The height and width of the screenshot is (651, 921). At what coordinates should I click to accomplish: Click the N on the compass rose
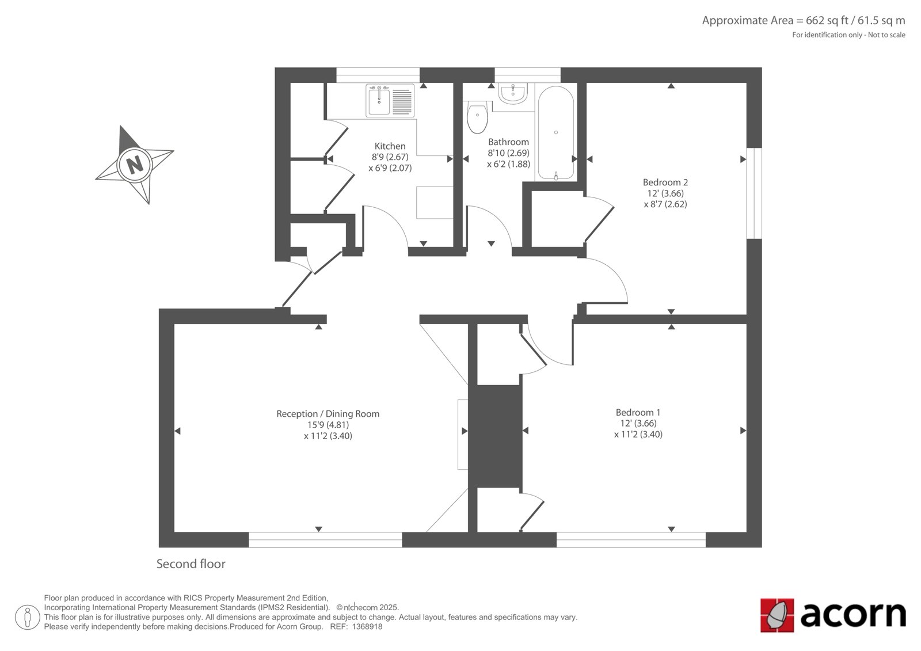pos(135,165)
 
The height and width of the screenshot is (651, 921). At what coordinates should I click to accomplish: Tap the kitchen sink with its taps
pos(390,100)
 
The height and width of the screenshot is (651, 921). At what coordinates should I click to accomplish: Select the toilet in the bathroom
pos(477,117)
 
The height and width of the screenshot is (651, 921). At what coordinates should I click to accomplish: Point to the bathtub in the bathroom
pos(556,132)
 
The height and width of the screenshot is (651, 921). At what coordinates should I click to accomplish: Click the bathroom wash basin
pos(513,93)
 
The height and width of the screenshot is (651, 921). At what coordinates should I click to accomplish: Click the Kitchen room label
pos(390,146)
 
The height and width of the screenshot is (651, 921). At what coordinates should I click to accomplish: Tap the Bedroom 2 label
pos(665,182)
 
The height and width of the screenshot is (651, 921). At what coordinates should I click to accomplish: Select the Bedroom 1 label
pos(638,412)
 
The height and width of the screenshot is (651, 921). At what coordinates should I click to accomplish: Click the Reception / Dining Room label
pos(328,414)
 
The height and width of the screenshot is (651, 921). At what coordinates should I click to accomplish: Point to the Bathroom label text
pos(509,142)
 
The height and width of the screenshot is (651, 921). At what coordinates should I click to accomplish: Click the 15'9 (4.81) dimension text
pos(328,425)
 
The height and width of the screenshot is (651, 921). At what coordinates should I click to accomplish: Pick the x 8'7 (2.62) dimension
pos(665,204)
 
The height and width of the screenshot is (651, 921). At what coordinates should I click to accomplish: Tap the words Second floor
pos(191,564)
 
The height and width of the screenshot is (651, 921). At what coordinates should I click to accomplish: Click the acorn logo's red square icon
pos(777,615)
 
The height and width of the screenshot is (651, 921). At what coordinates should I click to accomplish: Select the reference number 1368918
pos(367,627)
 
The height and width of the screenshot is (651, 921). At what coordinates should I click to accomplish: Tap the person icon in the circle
pos(27,617)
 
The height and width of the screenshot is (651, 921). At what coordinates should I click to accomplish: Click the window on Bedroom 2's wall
pos(754,193)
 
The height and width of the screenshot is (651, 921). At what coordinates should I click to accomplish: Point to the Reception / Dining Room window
pos(325,539)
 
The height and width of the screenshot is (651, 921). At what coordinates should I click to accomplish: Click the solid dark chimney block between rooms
pos(495,436)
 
